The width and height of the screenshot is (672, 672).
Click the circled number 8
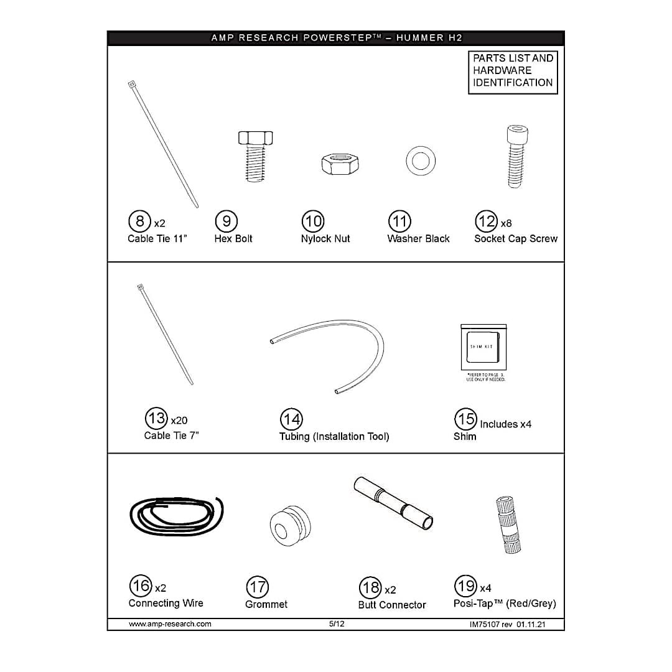pos(140,222)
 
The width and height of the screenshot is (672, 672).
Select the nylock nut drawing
pos(335,164)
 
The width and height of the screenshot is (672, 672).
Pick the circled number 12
pos(485,222)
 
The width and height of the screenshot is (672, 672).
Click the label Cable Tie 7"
pos(171,436)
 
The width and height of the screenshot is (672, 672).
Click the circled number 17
pos(258,587)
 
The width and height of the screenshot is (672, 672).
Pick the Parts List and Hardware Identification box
pos(513,70)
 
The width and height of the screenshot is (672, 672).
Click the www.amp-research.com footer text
pos(170,624)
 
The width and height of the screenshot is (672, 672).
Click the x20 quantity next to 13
pos(179,421)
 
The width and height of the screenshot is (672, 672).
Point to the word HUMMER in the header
pos(420,38)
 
